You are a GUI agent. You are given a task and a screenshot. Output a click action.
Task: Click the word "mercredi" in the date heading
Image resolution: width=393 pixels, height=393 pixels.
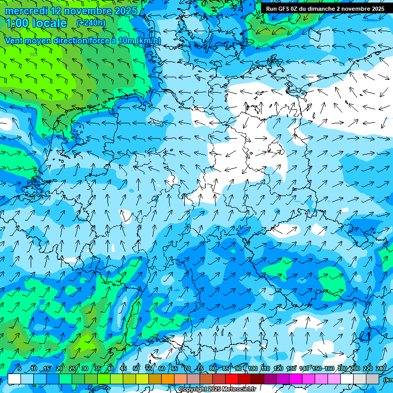25,11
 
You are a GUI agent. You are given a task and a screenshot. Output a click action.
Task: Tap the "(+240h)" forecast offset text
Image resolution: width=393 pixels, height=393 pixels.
91,23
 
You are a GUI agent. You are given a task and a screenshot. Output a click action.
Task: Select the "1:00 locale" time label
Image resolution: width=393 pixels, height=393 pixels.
36,23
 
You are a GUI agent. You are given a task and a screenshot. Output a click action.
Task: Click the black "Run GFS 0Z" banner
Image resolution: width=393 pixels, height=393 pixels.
325,9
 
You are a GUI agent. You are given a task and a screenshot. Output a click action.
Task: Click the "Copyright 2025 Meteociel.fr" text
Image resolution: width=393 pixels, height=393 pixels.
217,389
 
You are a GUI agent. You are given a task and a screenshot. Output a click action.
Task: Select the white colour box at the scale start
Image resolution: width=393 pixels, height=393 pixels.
14,379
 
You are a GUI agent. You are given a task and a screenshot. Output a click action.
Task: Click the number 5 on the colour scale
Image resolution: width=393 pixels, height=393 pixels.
19,368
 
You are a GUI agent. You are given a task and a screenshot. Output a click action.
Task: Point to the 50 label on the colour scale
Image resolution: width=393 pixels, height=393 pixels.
136,368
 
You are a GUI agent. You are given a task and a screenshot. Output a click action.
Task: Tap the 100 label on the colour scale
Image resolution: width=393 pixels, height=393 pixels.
253,368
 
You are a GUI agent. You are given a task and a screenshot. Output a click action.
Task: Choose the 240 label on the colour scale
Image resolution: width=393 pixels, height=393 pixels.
381,368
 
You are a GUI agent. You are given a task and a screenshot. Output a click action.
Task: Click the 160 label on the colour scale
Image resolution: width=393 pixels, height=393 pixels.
330,368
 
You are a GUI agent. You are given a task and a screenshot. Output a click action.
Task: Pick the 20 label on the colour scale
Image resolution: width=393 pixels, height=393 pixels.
59,368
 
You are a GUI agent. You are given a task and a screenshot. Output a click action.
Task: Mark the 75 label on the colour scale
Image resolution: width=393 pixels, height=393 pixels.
200,368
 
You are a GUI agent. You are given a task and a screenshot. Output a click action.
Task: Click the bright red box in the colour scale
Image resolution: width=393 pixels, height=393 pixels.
232,379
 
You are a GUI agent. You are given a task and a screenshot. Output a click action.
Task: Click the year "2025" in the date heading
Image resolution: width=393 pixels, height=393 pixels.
125,11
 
